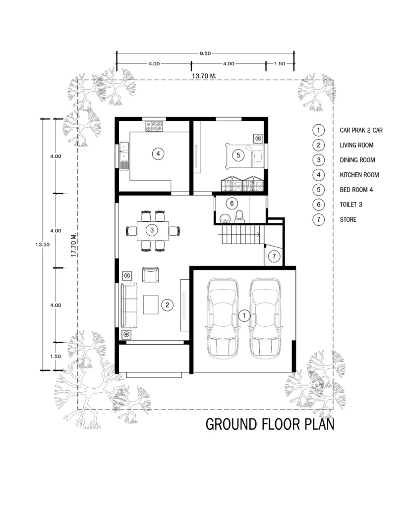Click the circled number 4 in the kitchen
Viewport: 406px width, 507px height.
(x=158, y=153)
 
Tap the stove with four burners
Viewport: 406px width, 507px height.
(x=154, y=126)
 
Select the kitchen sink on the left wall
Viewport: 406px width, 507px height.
(x=124, y=156)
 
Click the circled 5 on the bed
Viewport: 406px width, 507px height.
(x=238, y=155)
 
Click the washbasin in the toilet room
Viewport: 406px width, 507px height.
(x=225, y=219)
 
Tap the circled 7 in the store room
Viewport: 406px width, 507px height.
(x=274, y=256)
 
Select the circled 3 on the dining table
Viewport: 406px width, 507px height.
(x=152, y=230)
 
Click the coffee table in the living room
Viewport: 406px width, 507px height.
(x=151, y=304)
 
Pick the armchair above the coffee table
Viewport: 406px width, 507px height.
(x=151, y=274)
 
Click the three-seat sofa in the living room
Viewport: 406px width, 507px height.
(x=129, y=305)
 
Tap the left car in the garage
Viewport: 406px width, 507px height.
(x=223, y=318)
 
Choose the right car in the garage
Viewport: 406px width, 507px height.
(x=266, y=318)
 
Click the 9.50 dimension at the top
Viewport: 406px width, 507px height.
(x=205, y=53)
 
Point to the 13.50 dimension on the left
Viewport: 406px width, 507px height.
(x=43, y=245)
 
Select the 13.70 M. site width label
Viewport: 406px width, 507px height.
(x=204, y=76)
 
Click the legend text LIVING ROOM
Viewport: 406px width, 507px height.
(x=357, y=145)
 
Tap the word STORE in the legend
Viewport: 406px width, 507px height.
(x=348, y=219)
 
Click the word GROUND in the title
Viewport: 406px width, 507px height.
(x=232, y=424)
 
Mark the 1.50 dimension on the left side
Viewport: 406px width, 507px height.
(x=56, y=356)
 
